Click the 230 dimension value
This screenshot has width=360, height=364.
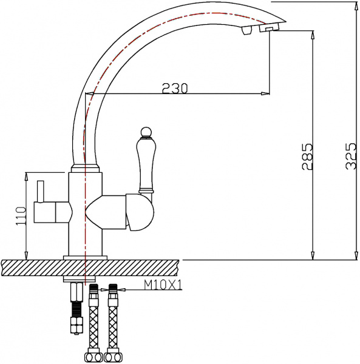click(175, 88)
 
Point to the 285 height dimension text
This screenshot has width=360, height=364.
click(307, 157)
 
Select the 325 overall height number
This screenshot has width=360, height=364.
click(350, 157)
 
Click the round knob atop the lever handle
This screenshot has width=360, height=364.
click(146, 132)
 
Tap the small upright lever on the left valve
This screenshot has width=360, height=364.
click(41, 192)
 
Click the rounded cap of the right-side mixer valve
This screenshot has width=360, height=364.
click(142, 215)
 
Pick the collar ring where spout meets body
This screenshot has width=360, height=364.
click(86, 167)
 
